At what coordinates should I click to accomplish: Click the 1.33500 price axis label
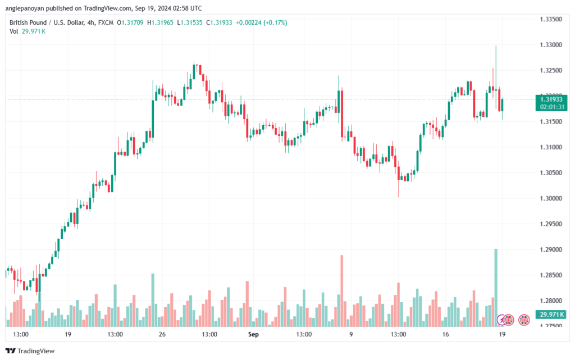tap(551, 19)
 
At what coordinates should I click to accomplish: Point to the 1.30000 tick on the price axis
tap(551, 198)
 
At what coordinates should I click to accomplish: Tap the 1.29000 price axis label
tap(551, 249)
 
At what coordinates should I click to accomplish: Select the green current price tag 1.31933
tap(551, 99)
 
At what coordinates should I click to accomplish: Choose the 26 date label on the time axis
tap(162, 334)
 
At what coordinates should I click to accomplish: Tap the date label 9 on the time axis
tap(350, 334)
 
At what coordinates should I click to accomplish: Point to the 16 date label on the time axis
tap(445, 334)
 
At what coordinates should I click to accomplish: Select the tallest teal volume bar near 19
tap(496, 287)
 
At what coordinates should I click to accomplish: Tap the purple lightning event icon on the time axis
tap(503, 320)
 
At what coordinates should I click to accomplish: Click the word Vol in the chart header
tap(14, 31)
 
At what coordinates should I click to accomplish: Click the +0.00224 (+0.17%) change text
tap(262, 22)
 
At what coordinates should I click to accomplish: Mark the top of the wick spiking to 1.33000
tap(496, 47)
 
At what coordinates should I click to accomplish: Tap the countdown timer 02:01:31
tap(551, 106)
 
